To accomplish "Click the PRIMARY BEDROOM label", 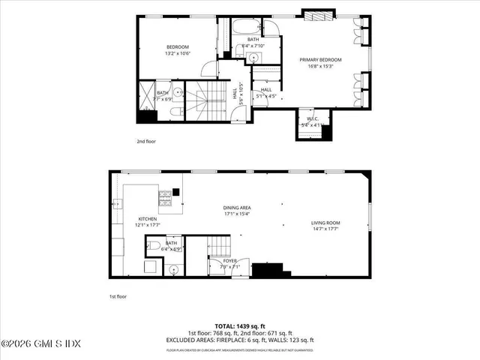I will click(320, 59).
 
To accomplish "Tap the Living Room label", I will click(326, 223).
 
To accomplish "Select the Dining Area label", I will click(236, 207).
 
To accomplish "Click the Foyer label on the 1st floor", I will click(218, 261).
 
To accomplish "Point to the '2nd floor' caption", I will click(146, 141).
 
